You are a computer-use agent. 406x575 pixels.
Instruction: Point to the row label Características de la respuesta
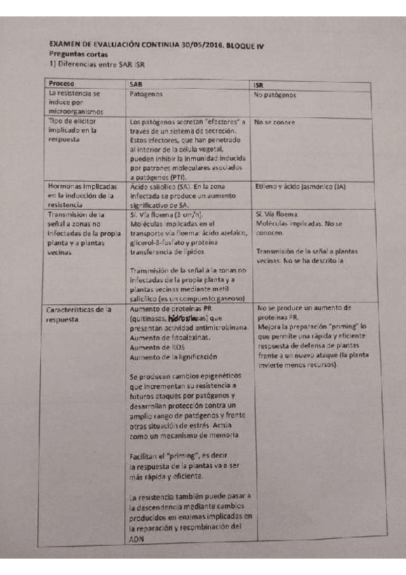79,315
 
